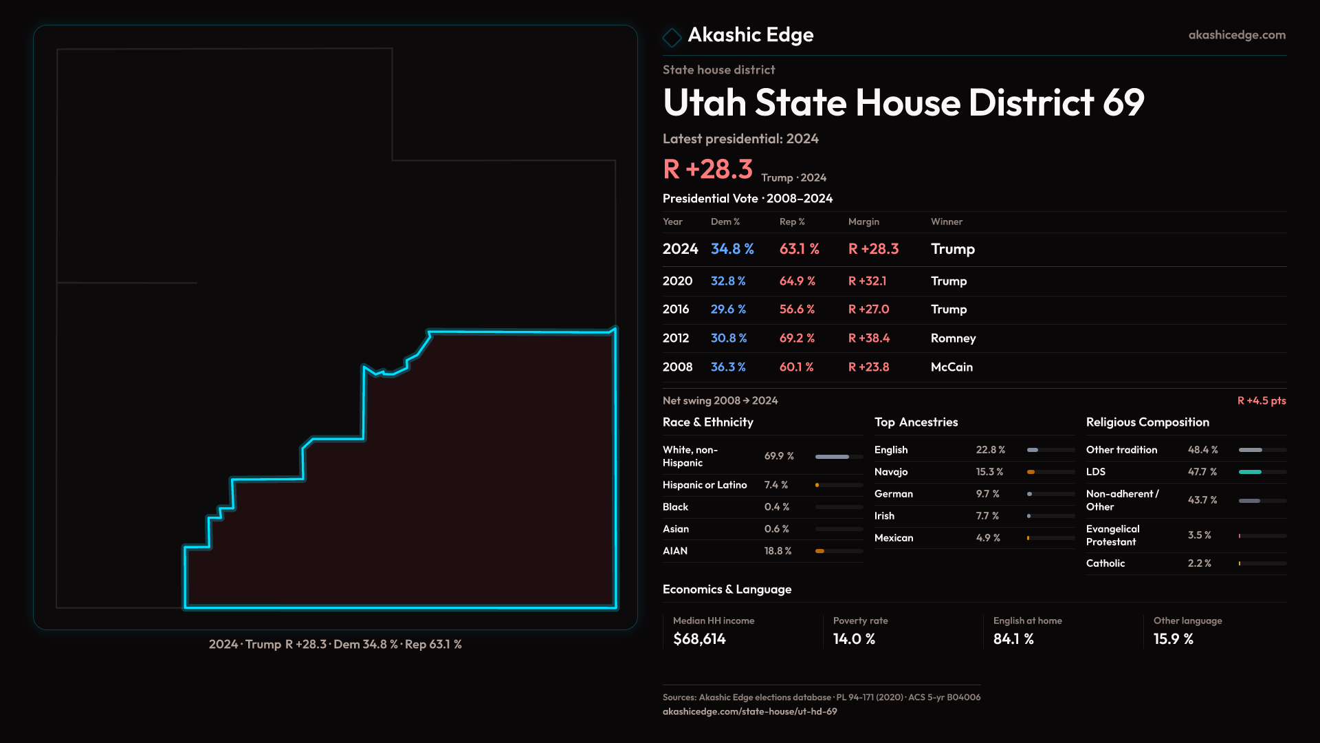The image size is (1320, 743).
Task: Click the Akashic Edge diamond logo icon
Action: pyautogui.click(x=672, y=36)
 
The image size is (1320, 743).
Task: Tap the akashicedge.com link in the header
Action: pyautogui.click(x=1236, y=35)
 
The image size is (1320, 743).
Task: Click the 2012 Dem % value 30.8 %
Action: pyautogui.click(x=728, y=338)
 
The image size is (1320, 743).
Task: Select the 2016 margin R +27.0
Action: pyautogui.click(x=868, y=310)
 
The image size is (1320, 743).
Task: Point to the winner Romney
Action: pyautogui.click(x=953, y=338)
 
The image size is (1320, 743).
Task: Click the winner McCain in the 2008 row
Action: pyautogui.click(x=951, y=367)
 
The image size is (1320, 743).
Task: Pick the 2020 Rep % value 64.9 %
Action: pyautogui.click(x=797, y=281)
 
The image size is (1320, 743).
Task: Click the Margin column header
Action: pyautogui.click(x=863, y=222)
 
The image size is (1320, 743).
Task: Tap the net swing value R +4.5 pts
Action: pyautogui.click(x=1261, y=401)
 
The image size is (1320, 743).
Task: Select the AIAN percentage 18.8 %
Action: pyautogui.click(x=778, y=551)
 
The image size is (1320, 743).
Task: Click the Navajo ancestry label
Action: pyautogui.click(x=891, y=472)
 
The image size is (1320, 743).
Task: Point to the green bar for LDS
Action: pyautogui.click(x=1250, y=472)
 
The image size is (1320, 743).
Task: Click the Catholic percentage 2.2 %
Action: pyautogui.click(x=1199, y=563)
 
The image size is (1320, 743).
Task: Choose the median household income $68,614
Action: pyautogui.click(x=699, y=639)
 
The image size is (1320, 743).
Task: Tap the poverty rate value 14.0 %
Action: pyautogui.click(x=854, y=639)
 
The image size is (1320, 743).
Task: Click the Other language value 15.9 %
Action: pyautogui.click(x=1173, y=639)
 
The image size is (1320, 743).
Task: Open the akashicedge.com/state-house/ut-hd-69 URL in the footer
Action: pyautogui.click(x=749, y=712)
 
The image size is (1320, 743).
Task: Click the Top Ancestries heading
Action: pyautogui.click(x=916, y=422)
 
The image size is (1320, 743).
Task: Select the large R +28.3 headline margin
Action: pyautogui.click(x=707, y=169)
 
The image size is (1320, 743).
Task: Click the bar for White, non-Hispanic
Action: pyautogui.click(x=832, y=457)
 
